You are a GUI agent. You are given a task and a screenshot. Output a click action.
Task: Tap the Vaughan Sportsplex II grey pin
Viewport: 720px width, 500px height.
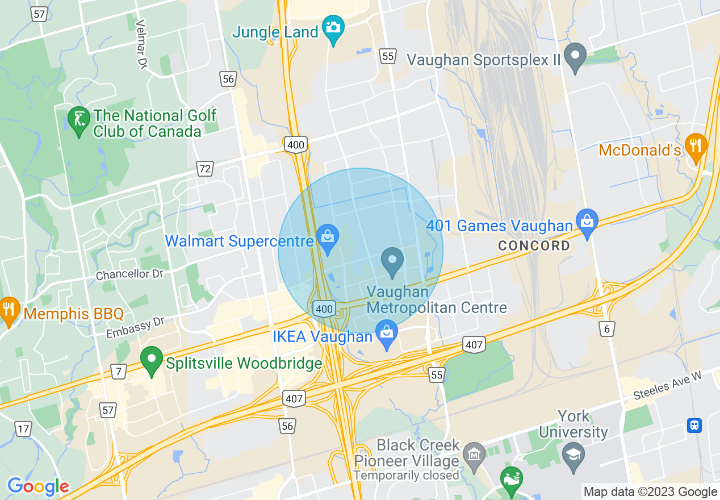577,56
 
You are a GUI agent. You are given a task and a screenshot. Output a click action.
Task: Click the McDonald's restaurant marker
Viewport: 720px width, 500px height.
695,144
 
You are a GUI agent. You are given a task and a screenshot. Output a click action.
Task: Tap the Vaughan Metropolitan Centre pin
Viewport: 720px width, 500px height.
392,260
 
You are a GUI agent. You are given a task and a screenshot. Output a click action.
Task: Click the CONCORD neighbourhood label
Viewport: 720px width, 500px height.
534,246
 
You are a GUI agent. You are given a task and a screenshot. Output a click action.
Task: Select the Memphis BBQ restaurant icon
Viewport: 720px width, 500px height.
8,310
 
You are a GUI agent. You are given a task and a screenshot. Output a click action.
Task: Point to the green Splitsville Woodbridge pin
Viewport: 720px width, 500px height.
151,360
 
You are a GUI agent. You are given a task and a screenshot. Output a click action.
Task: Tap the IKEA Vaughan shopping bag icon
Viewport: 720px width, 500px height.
387,332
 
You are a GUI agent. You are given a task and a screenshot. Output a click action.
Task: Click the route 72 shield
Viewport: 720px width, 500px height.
205,168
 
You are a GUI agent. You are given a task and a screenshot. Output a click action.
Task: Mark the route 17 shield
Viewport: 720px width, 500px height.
23,429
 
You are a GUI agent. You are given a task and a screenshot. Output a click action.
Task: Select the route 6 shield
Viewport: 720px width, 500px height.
607,328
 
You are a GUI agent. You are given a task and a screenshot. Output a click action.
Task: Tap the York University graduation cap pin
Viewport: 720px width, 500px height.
574,455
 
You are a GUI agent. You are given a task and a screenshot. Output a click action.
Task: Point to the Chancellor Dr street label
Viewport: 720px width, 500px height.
129,274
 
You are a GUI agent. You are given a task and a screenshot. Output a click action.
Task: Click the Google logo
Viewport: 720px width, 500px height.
38,487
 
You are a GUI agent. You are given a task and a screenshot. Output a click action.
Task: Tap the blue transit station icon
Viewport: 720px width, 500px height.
694,425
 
